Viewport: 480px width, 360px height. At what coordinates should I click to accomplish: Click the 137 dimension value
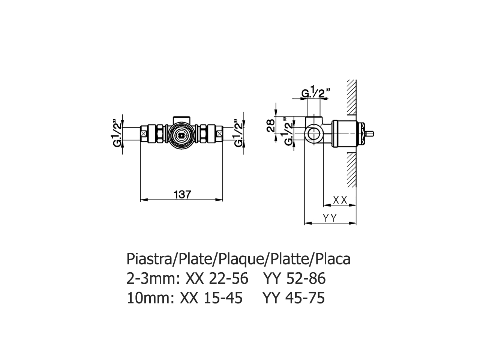click(183, 194)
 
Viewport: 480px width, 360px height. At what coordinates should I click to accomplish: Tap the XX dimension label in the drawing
click(340, 200)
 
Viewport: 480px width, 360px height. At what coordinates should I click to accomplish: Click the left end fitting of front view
click(144, 133)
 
